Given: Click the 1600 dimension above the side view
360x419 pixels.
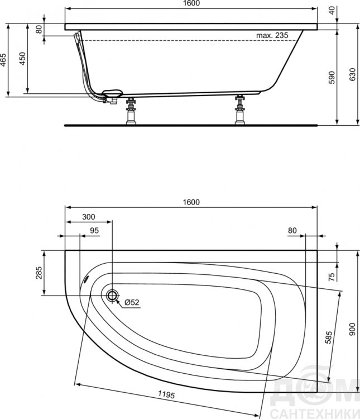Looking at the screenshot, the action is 191,3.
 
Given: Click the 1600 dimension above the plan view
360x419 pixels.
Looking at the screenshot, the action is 191,202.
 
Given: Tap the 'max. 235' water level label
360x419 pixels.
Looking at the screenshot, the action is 272,35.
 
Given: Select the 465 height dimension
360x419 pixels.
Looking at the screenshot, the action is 3,60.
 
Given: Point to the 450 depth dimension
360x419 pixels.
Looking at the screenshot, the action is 22,59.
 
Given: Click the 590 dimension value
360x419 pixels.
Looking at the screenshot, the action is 332,78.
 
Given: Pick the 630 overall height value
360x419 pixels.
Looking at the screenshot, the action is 353,74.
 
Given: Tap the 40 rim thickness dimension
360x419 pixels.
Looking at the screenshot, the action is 332,11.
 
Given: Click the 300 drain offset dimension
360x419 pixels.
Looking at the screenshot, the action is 89,217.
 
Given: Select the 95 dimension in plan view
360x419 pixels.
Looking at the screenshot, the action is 94,230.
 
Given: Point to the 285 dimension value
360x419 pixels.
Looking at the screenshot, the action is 39,273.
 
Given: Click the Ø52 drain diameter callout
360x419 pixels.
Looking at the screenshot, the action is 132,302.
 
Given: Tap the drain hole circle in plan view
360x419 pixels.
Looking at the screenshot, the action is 112,296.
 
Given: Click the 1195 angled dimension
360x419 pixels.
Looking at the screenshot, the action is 166,394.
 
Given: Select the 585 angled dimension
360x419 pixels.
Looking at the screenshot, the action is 329,337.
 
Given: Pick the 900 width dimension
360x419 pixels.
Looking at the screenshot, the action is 353,329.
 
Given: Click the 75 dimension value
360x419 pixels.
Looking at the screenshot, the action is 332,277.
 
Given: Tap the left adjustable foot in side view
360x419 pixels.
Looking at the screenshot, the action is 131,111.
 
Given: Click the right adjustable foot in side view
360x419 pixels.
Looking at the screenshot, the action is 240,109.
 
